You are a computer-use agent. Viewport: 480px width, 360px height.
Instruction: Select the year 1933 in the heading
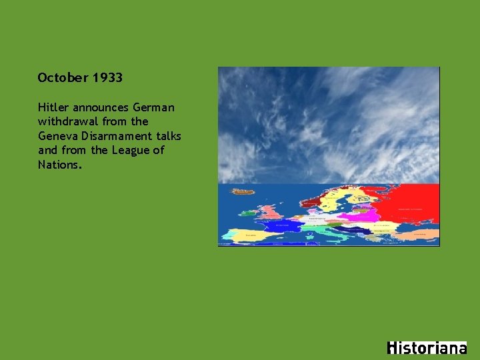coord(107,78)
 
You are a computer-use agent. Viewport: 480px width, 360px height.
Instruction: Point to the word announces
coord(101,107)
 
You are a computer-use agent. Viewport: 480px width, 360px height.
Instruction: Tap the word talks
coord(167,136)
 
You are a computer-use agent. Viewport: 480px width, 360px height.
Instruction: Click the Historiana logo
coord(427,348)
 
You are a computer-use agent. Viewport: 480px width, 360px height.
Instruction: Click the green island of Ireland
coord(248,214)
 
